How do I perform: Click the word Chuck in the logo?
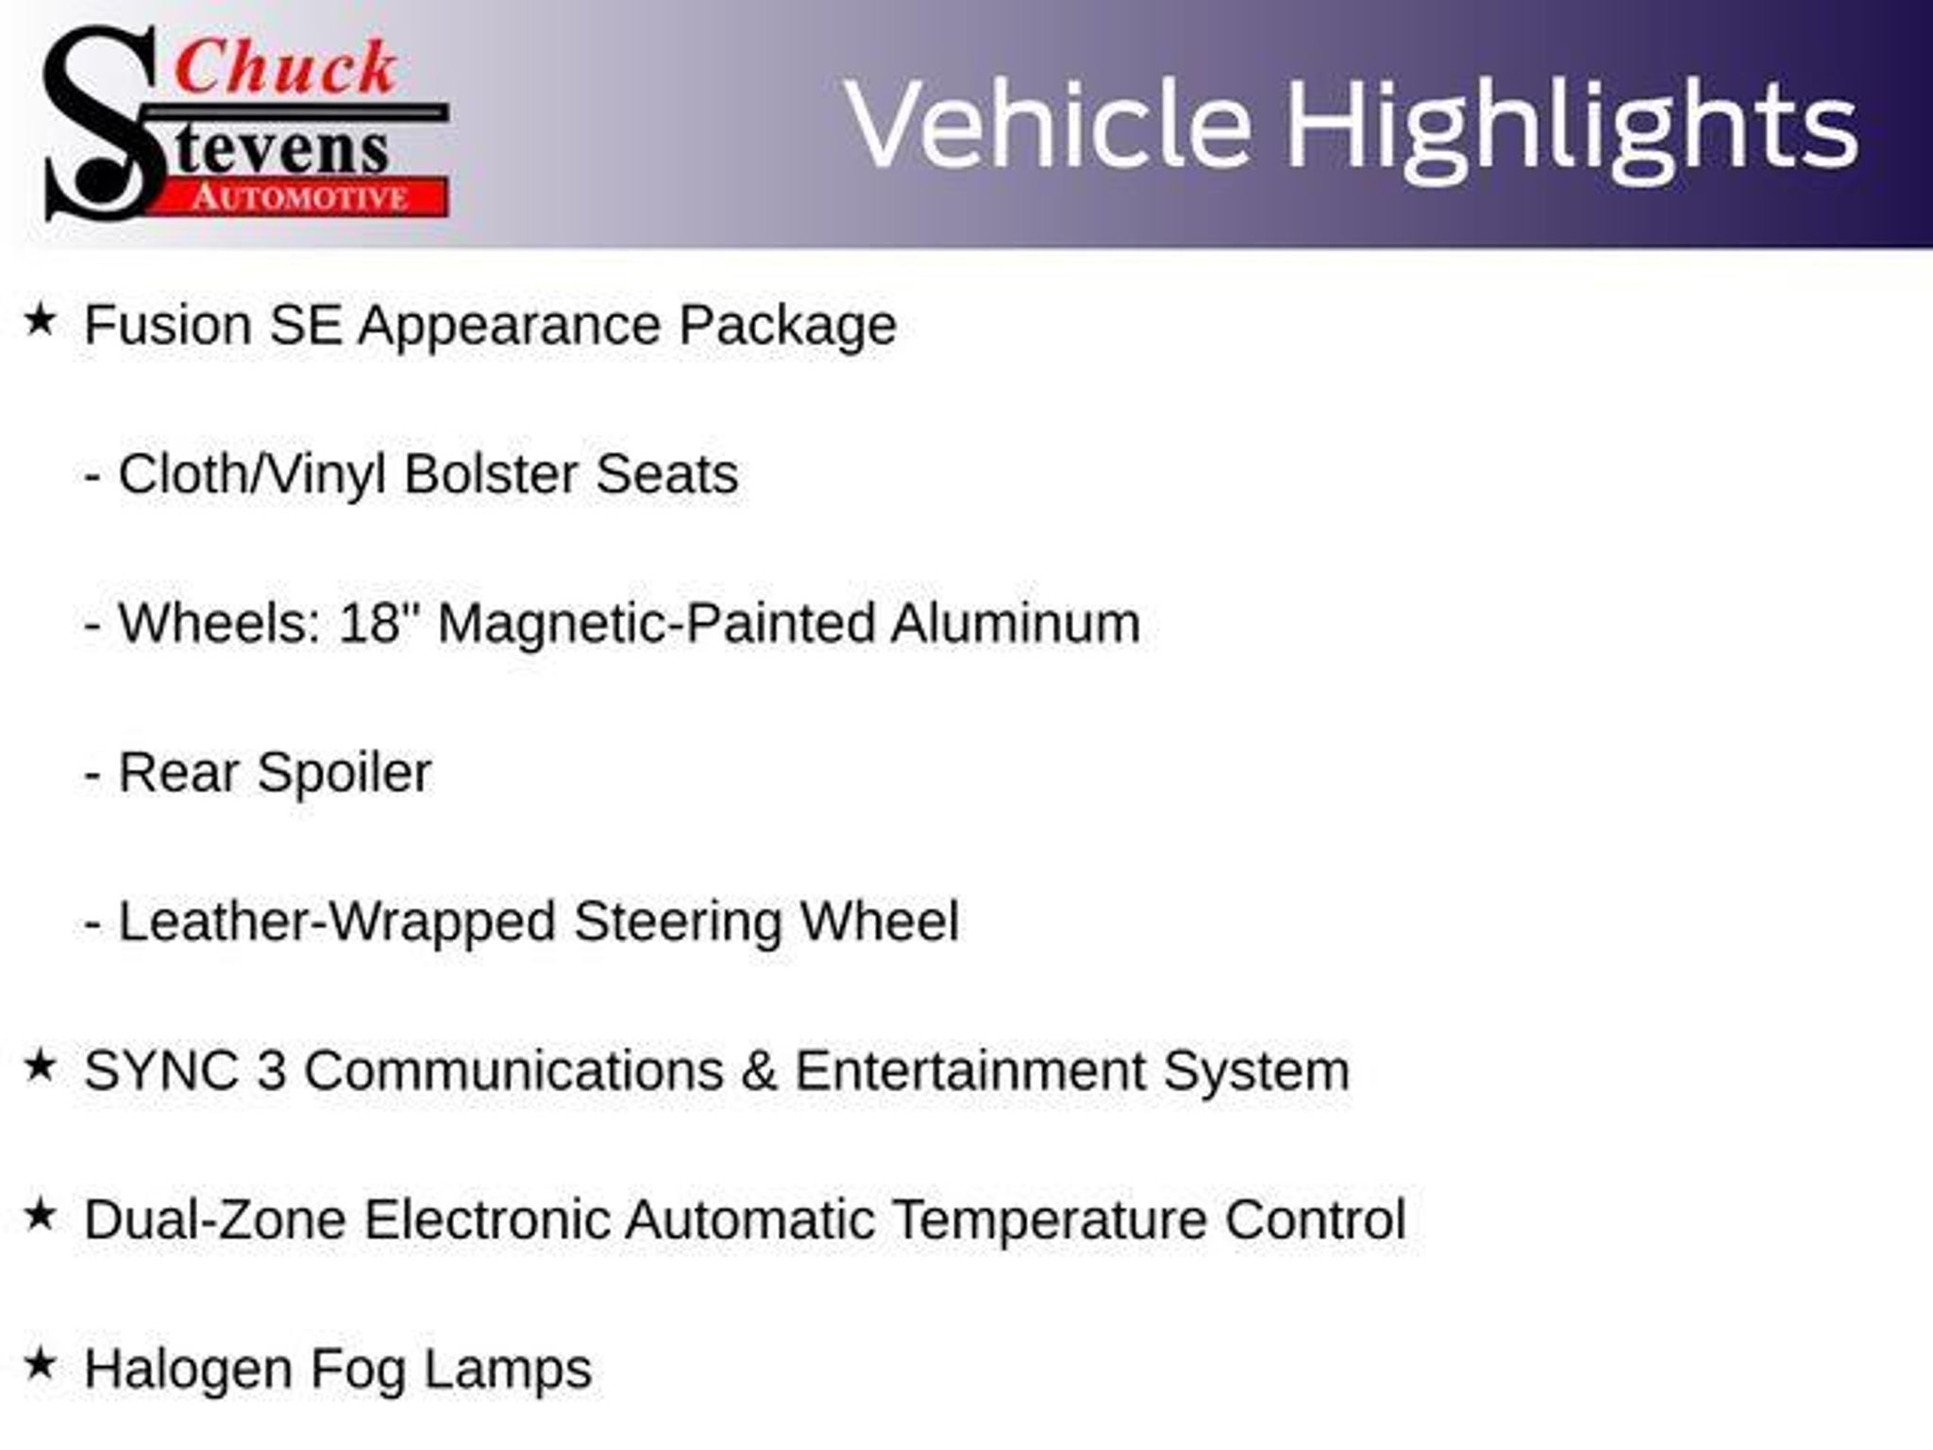click(285, 68)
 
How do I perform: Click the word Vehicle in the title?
click(1048, 125)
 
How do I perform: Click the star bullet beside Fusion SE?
click(40, 320)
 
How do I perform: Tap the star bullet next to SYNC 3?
click(40, 1066)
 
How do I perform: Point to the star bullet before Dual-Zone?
click(40, 1215)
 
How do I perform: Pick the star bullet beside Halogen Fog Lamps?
click(40, 1364)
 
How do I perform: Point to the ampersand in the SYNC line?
click(759, 1071)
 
